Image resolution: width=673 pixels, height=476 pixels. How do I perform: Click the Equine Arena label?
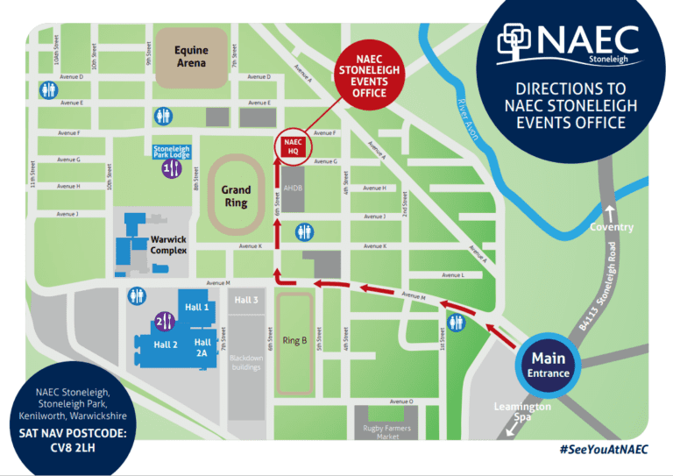pos(190,57)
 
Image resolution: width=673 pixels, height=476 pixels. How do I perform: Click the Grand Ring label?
pos(236,196)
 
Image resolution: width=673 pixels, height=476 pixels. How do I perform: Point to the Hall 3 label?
pos(248,301)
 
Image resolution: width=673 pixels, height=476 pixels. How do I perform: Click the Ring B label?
pos(295,340)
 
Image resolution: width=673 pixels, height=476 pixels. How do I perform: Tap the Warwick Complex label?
pos(169,245)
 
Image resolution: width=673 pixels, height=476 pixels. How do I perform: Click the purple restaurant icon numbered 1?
pos(172,170)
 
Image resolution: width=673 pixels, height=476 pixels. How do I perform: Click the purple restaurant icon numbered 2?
pos(164,321)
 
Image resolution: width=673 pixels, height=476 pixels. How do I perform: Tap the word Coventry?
pos(613,227)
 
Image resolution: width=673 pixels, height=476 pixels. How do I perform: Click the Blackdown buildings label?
pos(246,362)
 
